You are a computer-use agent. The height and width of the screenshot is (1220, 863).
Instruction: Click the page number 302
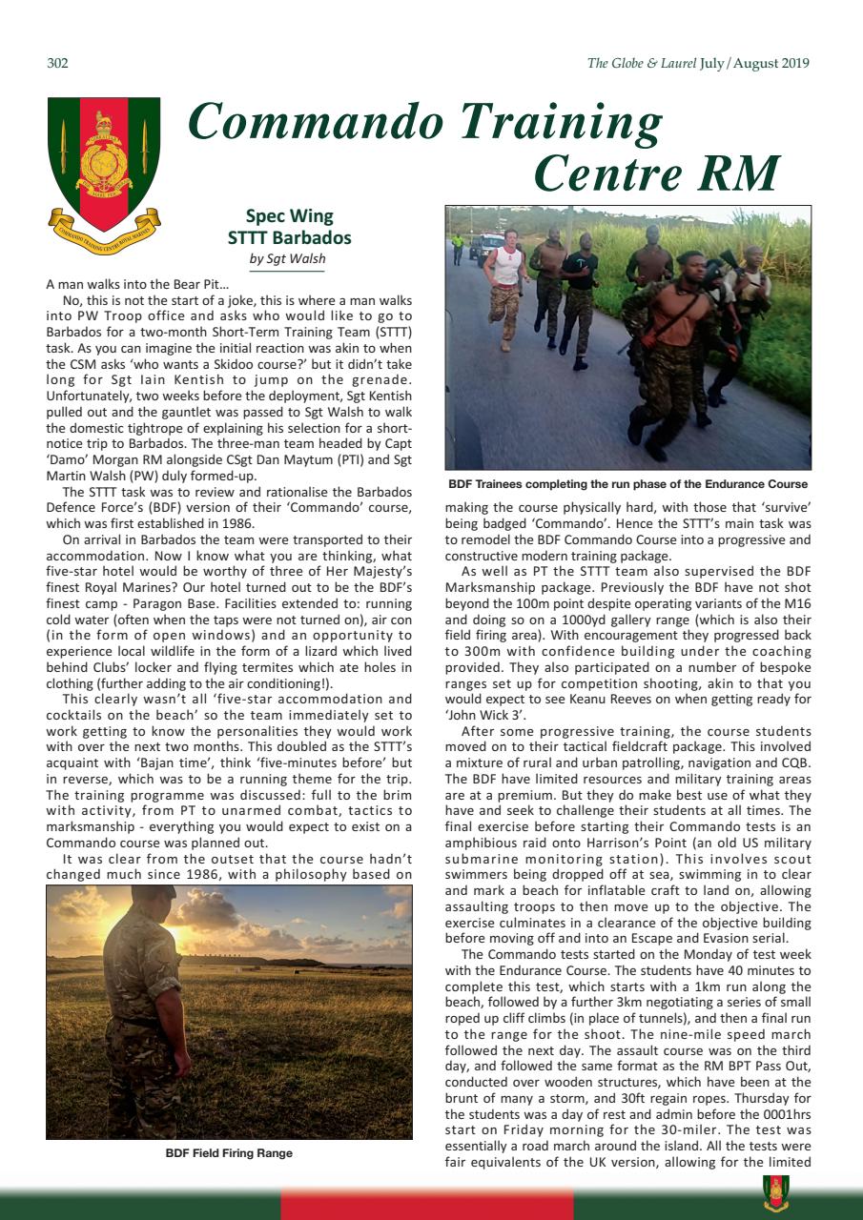[57, 64]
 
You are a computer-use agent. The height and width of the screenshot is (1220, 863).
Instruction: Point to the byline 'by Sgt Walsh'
[289, 258]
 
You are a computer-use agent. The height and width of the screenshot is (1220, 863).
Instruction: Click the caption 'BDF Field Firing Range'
[229, 1153]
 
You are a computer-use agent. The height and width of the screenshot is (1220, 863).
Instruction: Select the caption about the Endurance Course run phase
[627, 485]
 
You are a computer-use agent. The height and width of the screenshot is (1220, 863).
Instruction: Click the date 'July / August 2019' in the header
[754, 64]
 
